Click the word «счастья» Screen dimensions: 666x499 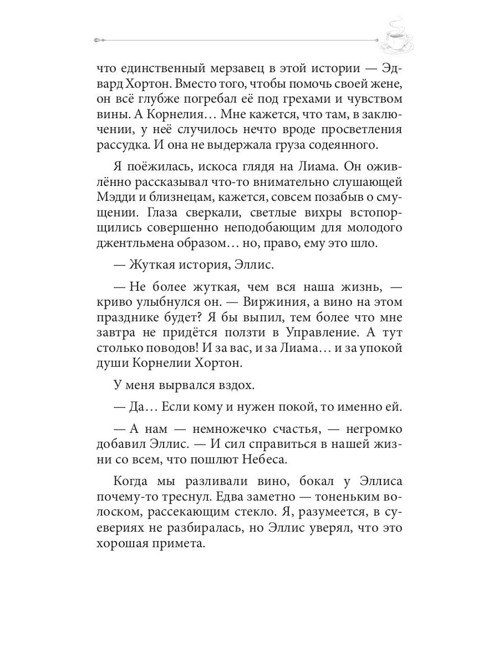[x=303, y=430]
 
